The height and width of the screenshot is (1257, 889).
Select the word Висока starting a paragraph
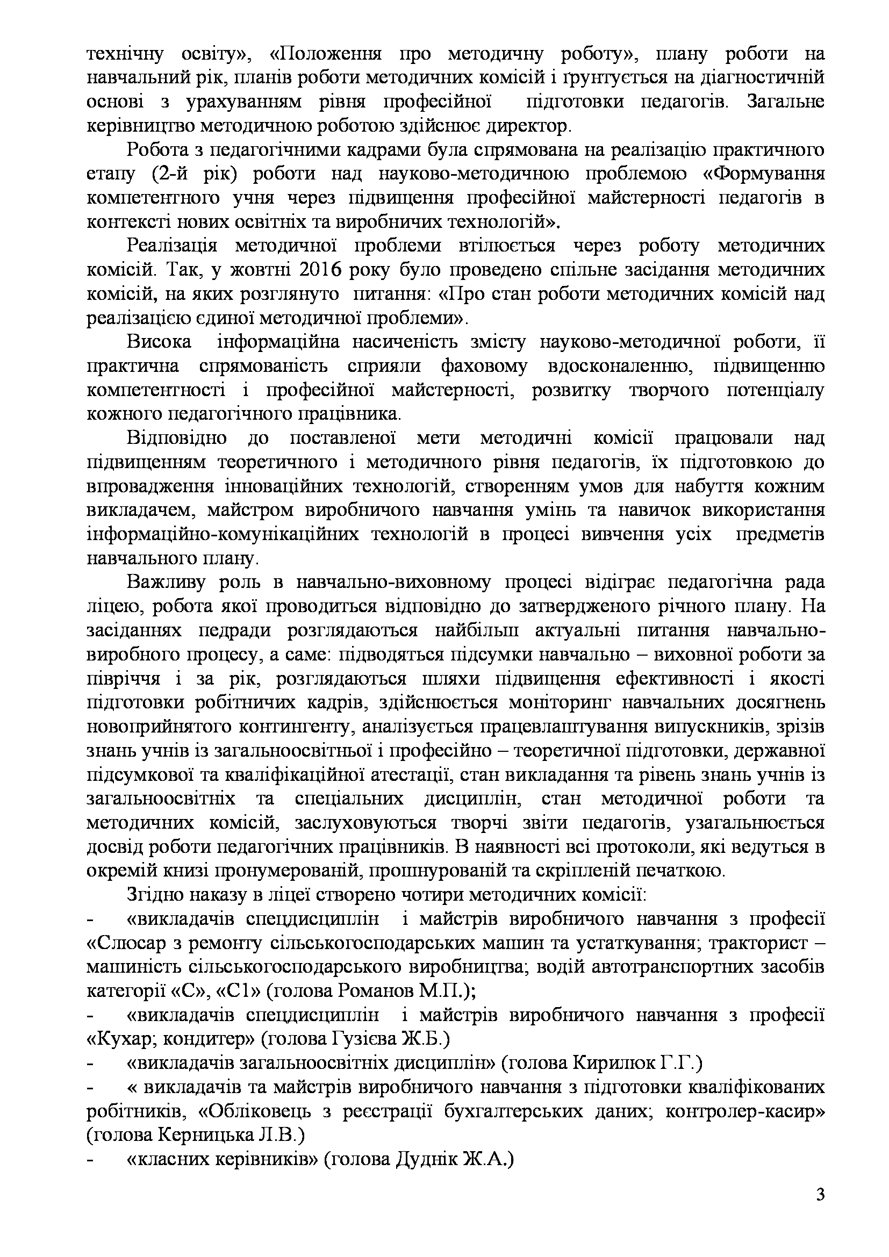click(x=159, y=342)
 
